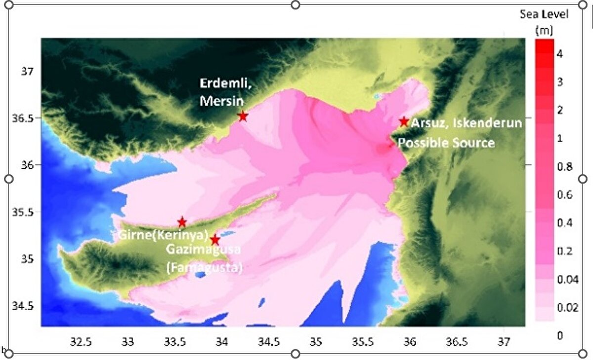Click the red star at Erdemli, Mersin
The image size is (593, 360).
pyautogui.click(x=243, y=116)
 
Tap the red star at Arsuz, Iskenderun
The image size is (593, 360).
pyautogui.click(x=404, y=121)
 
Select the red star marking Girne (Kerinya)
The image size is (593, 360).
pyautogui.click(x=182, y=222)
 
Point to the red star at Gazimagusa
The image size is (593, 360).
pyautogui.click(x=215, y=240)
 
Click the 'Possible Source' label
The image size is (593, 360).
pyautogui.click(x=446, y=143)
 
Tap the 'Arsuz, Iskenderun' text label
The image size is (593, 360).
pyautogui.click(x=466, y=122)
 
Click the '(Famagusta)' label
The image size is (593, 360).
pyautogui.click(x=204, y=268)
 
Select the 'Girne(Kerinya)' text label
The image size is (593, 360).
pyautogui.click(x=162, y=235)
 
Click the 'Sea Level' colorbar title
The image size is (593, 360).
pyautogui.click(x=544, y=14)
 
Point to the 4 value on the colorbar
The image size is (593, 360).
pyautogui.click(x=560, y=54)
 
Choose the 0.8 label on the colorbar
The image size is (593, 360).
pyautogui.click(x=564, y=167)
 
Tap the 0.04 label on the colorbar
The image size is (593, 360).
pyautogui.click(x=566, y=280)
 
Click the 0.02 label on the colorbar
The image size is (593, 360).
pyautogui.click(x=566, y=308)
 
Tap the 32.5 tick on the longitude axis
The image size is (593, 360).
pyautogui.click(x=81, y=341)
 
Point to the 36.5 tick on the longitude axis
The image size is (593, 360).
pyautogui.click(x=457, y=341)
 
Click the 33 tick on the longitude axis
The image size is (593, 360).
pyautogui.click(x=128, y=341)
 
